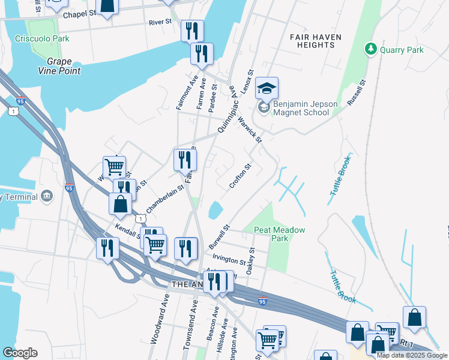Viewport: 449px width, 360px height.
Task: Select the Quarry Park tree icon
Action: (372, 49)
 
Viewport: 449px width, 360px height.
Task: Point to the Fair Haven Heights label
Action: (315, 41)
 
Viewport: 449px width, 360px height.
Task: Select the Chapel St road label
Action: (79, 14)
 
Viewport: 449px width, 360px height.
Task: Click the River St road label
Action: (160, 22)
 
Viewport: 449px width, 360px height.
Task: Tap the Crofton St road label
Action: (240, 175)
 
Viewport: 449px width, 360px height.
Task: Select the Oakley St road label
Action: (252, 262)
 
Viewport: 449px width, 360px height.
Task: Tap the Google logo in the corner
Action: (20, 353)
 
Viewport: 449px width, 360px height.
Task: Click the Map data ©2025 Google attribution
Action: (412, 355)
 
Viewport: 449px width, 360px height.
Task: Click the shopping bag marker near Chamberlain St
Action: (121, 203)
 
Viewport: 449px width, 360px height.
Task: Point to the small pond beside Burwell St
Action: (214, 211)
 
